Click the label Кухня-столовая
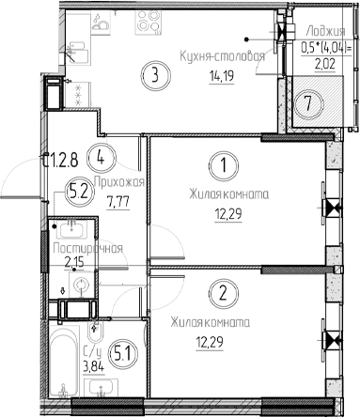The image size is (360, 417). pyautogui.click(x=222, y=55)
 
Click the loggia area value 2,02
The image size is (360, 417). pyautogui.click(x=323, y=65)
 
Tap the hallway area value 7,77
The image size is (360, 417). pyautogui.click(x=119, y=199)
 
